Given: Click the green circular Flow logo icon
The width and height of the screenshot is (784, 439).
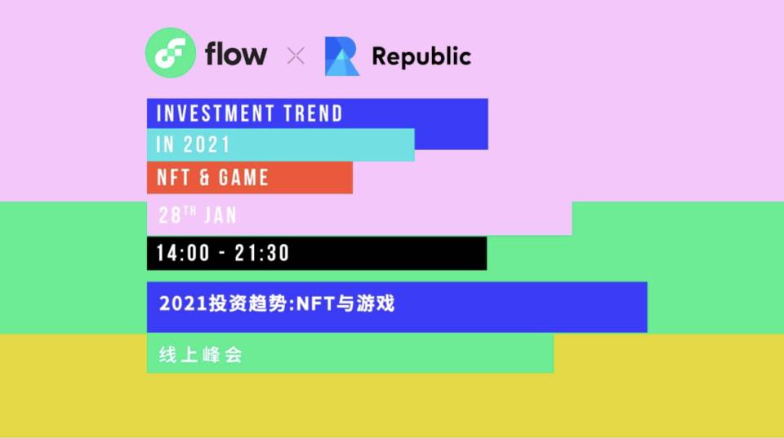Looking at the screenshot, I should tap(171, 53).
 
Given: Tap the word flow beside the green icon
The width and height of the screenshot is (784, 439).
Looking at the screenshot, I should tap(236, 55).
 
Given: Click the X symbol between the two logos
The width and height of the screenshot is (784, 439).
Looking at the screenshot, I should tap(296, 56).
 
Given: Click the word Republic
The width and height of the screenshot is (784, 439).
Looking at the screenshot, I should tap(421, 56).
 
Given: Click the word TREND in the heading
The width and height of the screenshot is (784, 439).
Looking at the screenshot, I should tap(313, 113).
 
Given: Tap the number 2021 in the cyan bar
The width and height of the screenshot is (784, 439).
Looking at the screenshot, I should tap(207, 145).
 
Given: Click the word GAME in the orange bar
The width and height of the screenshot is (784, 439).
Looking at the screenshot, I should tap(243, 177).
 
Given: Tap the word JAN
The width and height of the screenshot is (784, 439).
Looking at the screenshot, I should tap(220, 215).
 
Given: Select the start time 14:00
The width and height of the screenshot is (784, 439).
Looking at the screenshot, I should tap(183, 254).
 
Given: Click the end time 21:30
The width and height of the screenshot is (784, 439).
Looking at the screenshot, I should tap(262, 254).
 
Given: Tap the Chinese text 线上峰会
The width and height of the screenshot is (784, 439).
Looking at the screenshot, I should tap(201, 356).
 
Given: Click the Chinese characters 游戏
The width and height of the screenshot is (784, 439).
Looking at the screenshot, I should tap(376, 304).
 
